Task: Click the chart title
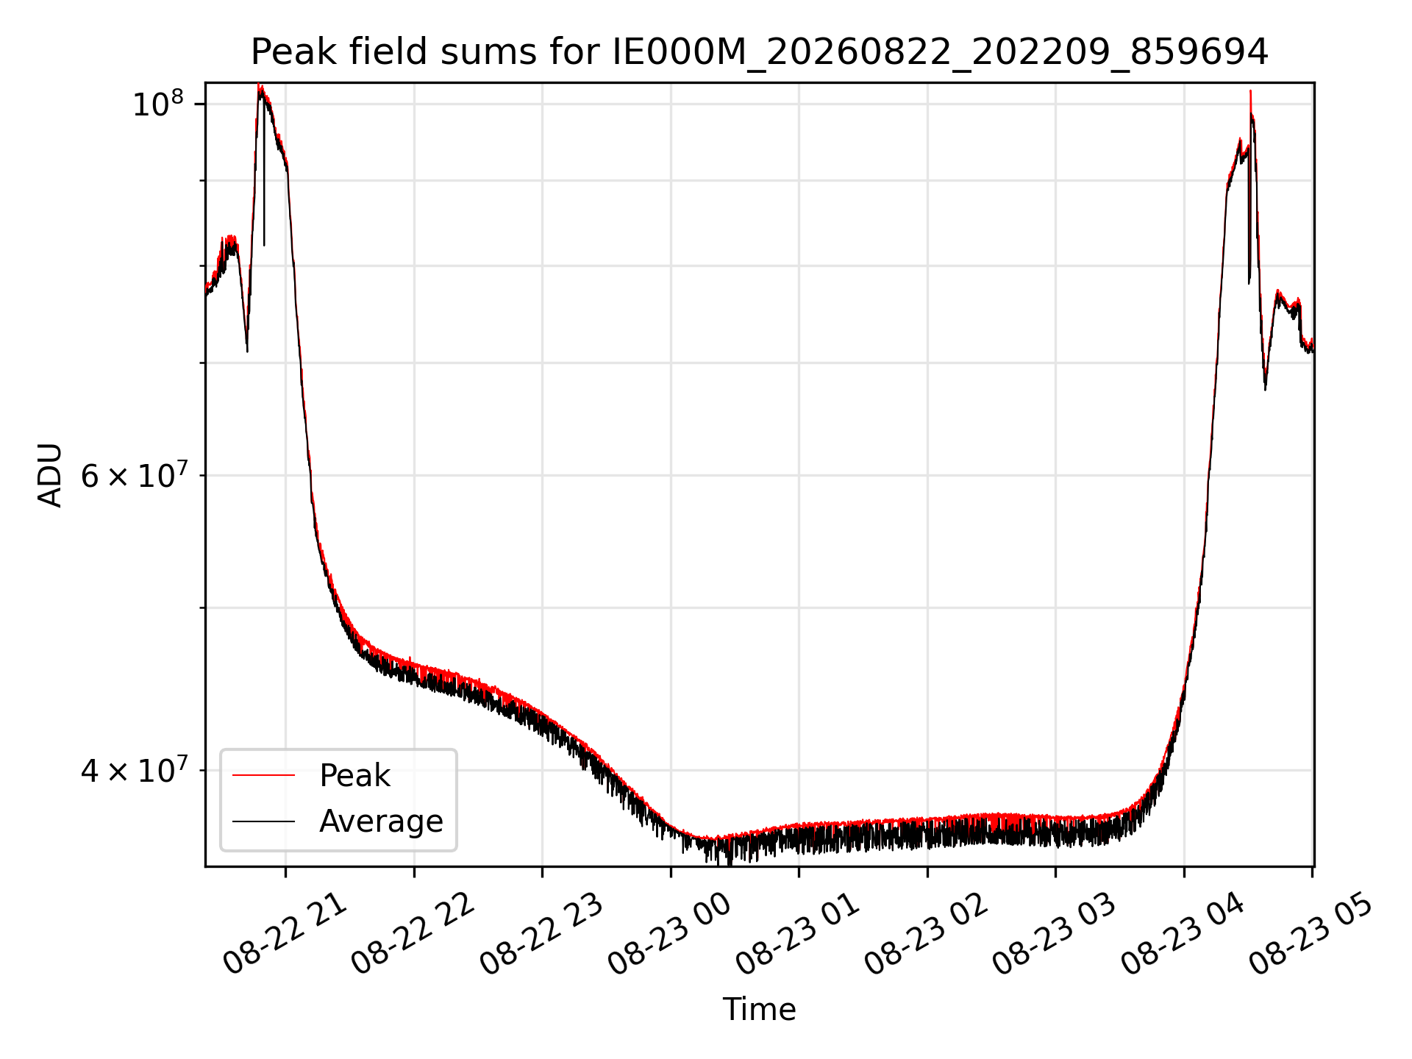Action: [x=760, y=52]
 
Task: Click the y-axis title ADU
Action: [x=50, y=475]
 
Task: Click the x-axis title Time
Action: [x=760, y=1010]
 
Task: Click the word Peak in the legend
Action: [x=354, y=776]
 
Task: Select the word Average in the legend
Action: [x=381, y=821]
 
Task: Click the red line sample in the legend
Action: [x=263, y=775]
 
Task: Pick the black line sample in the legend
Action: [x=263, y=821]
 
